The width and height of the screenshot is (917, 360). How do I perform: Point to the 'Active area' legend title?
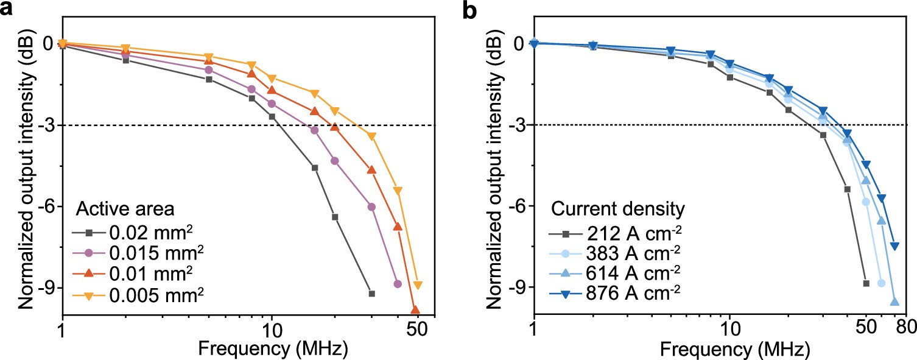pos(125,209)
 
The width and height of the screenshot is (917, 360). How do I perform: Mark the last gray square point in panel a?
pos(372,294)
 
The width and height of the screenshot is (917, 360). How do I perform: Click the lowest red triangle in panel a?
pos(415,310)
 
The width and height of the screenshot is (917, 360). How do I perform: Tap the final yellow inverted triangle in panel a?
pos(418,285)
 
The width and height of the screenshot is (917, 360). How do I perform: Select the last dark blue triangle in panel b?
pos(894,245)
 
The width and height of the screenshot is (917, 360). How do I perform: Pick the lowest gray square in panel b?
pos(866,283)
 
